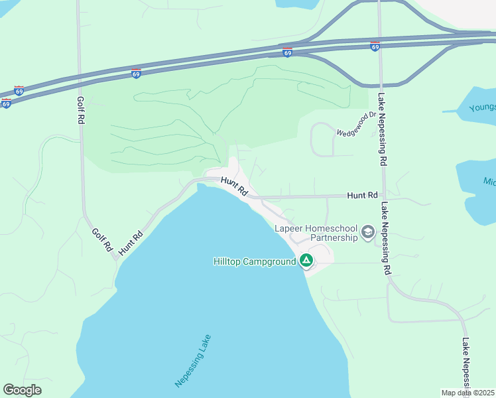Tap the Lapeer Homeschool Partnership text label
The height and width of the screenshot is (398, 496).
click(316, 233)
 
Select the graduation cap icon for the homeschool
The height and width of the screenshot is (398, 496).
click(367, 233)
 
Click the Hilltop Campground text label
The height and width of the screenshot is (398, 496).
click(254, 261)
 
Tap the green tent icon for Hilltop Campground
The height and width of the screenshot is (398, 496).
click(306, 260)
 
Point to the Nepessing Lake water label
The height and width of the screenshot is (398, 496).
click(192, 360)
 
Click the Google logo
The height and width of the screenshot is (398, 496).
click(22, 390)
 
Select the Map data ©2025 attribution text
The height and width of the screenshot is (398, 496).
click(468, 393)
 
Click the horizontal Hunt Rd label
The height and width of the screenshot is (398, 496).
click(363, 196)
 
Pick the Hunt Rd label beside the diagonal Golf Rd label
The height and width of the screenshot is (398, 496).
click(131, 243)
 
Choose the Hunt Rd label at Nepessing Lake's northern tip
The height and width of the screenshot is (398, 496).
click(234, 186)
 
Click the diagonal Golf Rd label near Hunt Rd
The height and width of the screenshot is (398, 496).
click(102, 239)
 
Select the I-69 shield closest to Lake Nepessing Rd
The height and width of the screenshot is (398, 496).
click(375, 46)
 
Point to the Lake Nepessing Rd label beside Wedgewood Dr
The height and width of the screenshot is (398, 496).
click(382, 129)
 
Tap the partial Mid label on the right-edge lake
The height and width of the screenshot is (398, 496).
click(489, 181)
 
